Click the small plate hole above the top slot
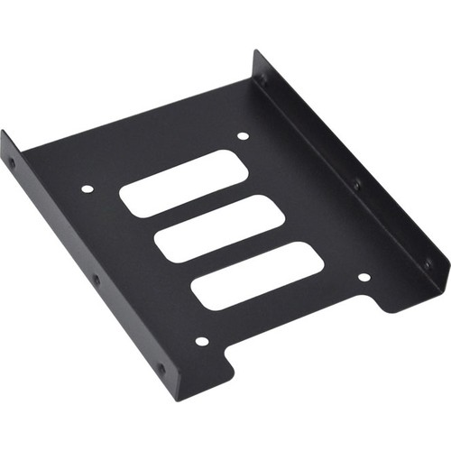click(x=242, y=136)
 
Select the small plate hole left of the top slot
click(x=87, y=189)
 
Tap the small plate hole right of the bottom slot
click(x=364, y=277)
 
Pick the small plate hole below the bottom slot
click(x=202, y=341)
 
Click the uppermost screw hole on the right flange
click(x=263, y=78)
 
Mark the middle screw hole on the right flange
click(x=356, y=184)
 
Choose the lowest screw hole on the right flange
click(x=427, y=262)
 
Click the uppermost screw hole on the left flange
click(x=12, y=165)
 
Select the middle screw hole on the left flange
click(x=97, y=281)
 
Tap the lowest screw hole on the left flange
click(x=161, y=368)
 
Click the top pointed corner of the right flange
click(x=255, y=51)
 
